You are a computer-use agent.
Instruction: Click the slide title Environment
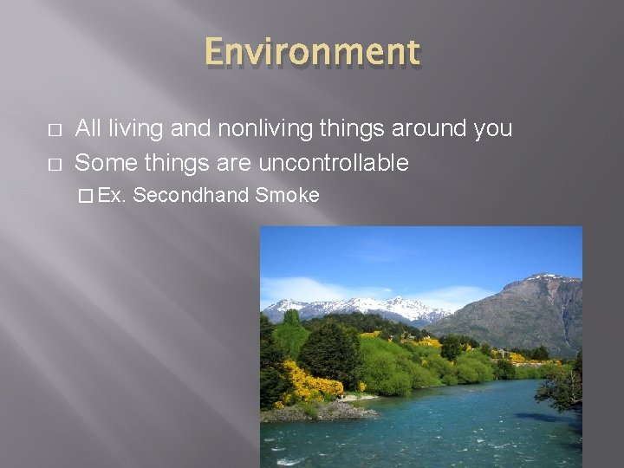312,52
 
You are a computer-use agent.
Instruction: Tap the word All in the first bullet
87,129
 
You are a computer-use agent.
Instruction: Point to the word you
492,129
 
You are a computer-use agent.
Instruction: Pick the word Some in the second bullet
101,162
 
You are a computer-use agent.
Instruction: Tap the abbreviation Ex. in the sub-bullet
113,195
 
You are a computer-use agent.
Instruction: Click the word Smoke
287,195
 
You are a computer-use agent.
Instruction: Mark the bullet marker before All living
54,130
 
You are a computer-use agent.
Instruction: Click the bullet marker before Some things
54,163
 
